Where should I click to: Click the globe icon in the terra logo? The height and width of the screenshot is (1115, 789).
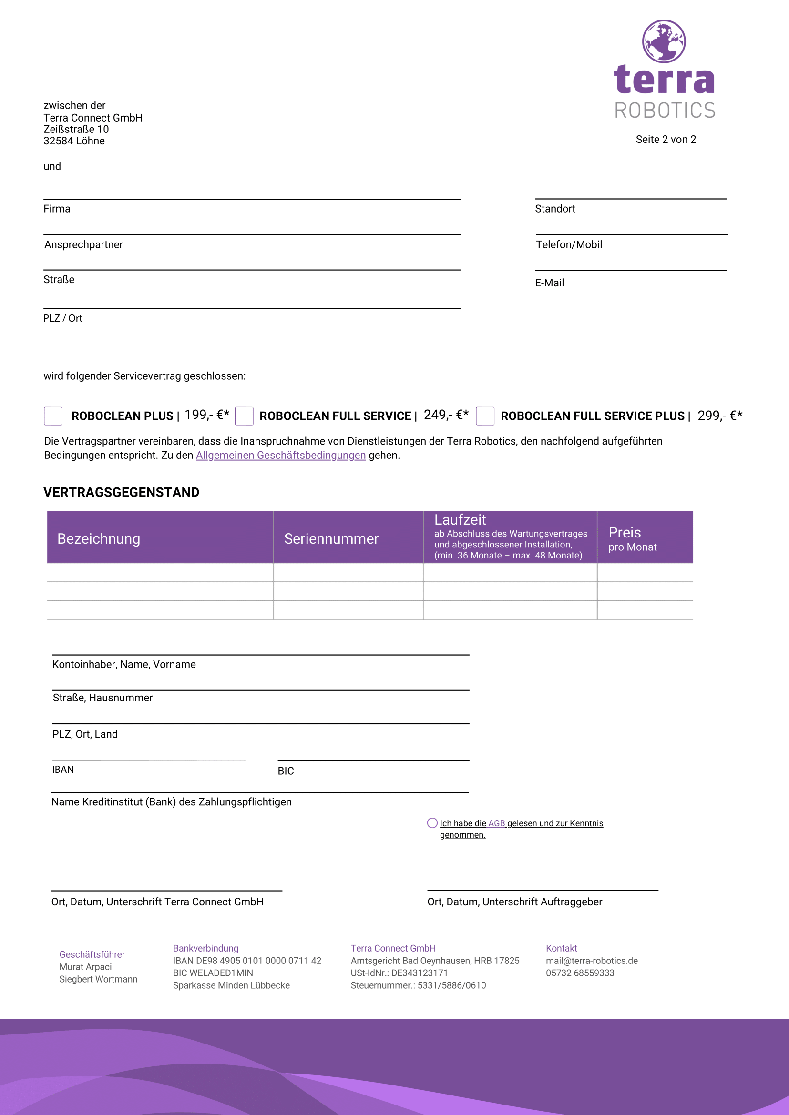pyautogui.click(x=664, y=41)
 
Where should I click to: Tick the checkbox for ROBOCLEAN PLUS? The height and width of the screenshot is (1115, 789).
pyautogui.click(x=53, y=416)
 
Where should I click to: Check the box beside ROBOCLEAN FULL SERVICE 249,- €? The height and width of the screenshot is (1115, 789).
pyautogui.click(x=244, y=416)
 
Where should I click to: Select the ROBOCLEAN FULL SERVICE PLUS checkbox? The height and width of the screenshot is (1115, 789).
pyautogui.click(x=485, y=416)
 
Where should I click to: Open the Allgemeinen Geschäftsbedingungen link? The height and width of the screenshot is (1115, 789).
pyautogui.click(x=280, y=455)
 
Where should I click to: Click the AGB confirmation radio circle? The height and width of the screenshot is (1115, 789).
pyautogui.click(x=432, y=822)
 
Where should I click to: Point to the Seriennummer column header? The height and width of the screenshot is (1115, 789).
pyautogui.click(x=331, y=538)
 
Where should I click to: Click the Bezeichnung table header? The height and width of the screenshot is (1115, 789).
pyautogui.click(x=99, y=538)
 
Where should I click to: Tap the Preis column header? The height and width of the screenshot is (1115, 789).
pyautogui.click(x=625, y=533)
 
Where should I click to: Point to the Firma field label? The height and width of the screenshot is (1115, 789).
pyautogui.click(x=57, y=209)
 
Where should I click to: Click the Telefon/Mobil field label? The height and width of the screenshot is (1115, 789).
pyautogui.click(x=569, y=244)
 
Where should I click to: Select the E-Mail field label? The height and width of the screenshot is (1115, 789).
pyautogui.click(x=550, y=283)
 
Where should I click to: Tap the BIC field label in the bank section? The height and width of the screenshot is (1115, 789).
pyautogui.click(x=286, y=770)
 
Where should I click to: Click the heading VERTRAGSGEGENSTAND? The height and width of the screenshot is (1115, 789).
pyautogui.click(x=122, y=492)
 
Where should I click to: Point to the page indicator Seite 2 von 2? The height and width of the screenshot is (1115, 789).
pyautogui.click(x=666, y=139)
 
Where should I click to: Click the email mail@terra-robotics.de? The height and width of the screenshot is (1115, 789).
pyautogui.click(x=592, y=961)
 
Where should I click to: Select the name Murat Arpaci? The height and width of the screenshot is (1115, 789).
pyautogui.click(x=85, y=967)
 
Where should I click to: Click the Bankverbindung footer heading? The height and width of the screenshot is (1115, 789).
pyautogui.click(x=205, y=948)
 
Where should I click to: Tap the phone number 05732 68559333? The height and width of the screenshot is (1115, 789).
pyautogui.click(x=580, y=973)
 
